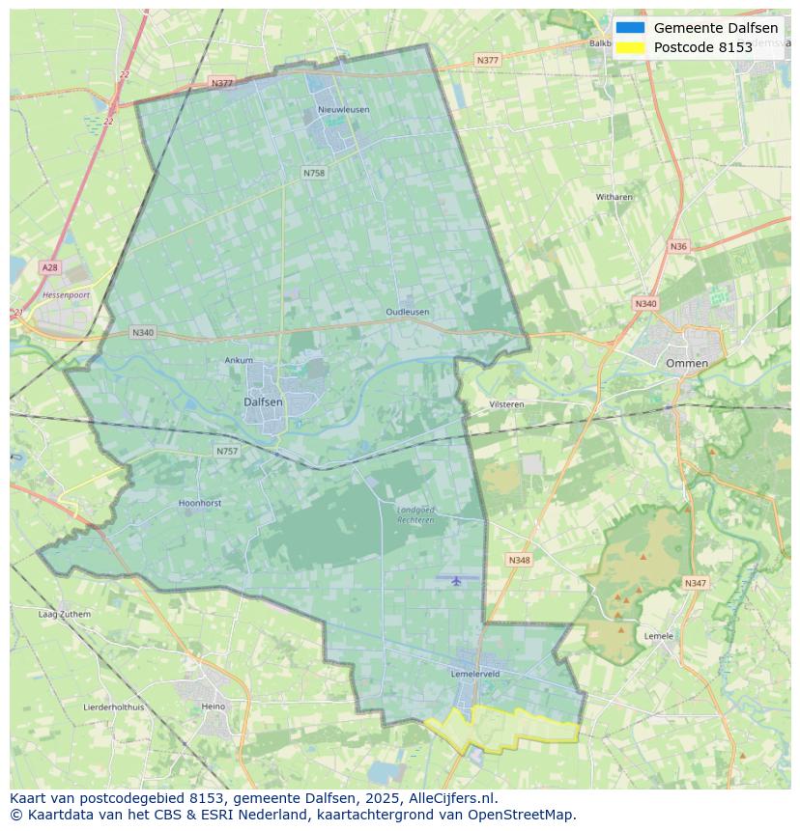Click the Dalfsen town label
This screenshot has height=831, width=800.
[263, 402]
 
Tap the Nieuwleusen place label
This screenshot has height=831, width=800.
[343, 110]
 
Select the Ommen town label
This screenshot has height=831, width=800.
[686, 363]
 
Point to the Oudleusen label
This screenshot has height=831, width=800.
[407, 312]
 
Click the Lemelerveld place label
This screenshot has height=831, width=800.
[474, 674]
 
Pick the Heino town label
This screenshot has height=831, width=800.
[213, 706]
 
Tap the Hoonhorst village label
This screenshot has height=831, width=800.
[200, 503]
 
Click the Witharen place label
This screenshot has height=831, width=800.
[614, 197]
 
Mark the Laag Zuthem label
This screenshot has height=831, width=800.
[64, 614]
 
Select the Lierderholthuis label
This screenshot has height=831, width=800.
[114, 706]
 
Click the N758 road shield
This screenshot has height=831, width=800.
[314, 173]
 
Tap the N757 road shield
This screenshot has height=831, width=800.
[227, 451]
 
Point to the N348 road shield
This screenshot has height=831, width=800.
[519, 560]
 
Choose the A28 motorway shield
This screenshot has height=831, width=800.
[49, 266]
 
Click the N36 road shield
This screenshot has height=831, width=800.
[678, 246]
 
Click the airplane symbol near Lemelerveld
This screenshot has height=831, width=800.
[456, 580]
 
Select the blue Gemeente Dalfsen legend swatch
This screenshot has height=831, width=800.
[630, 28]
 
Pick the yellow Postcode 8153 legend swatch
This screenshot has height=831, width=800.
[630, 47]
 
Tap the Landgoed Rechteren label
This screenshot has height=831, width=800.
[415, 513]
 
